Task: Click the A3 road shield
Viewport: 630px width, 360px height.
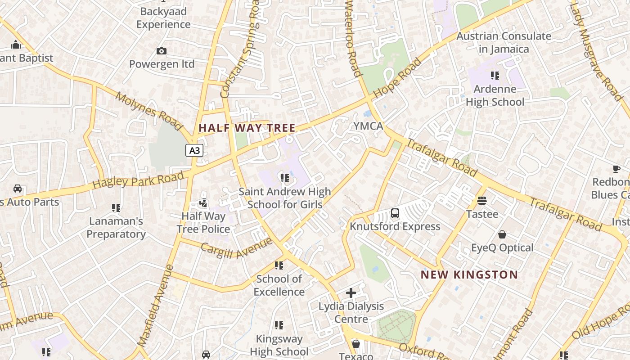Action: pos(194,150)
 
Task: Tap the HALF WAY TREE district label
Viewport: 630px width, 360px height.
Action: pos(247,128)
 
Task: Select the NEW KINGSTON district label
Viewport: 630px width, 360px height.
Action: pos(469,274)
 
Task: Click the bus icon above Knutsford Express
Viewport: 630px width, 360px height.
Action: pos(395,213)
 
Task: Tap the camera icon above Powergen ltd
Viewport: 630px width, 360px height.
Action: pos(162,51)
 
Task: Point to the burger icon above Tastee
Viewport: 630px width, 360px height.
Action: pos(482,201)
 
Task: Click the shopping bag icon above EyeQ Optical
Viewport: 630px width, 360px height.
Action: pos(502,234)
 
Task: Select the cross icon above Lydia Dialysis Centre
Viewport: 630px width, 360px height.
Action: pos(351,293)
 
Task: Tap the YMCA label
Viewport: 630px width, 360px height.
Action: pos(368,126)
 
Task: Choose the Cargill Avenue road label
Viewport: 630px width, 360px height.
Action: pos(236,248)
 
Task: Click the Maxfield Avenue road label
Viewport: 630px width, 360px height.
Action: pos(156,306)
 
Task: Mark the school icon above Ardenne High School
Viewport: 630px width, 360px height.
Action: pos(495,76)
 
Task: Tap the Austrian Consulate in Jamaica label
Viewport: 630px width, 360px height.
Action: pos(504,42)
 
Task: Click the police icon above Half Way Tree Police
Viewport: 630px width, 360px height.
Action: pos(203,203)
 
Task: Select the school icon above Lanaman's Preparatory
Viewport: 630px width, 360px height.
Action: pos(116,208)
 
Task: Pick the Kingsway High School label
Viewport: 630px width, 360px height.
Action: pos(279,345)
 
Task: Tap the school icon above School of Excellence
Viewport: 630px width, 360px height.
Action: pos(279,265)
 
